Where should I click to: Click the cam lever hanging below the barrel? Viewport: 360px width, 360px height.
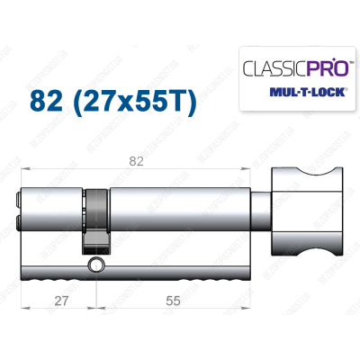click(x=94, y=238)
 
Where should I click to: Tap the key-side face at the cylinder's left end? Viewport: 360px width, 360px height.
click(x=21, y=206)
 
